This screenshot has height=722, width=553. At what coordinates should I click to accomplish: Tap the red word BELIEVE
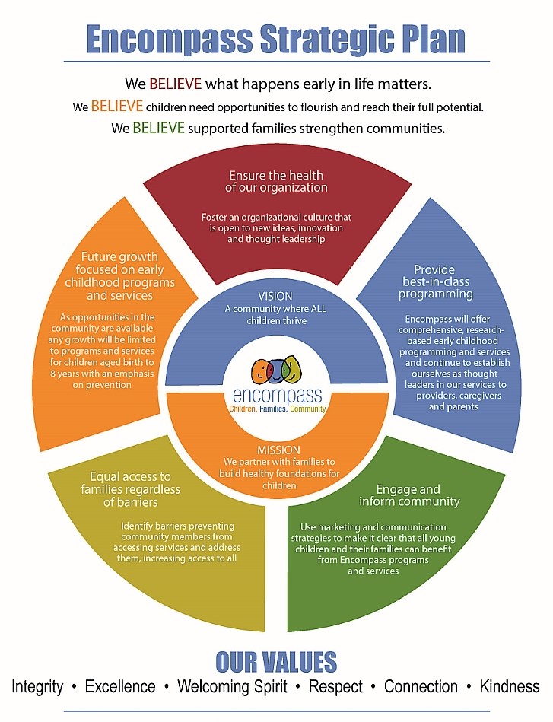pos(174,84)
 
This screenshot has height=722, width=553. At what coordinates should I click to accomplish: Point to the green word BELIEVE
pos(158,128)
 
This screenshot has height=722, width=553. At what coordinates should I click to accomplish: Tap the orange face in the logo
pos(261,372)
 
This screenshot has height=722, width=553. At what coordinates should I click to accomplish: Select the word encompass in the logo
pos(278,396)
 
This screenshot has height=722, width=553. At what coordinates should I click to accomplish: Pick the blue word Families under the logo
pos(277,409)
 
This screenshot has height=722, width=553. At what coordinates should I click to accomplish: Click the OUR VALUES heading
pos(276,660)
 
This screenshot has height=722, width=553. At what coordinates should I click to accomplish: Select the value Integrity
pos(37,686)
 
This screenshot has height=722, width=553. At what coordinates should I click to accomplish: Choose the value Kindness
pos(509,686)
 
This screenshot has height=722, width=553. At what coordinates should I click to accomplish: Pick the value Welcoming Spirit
pos(232,686)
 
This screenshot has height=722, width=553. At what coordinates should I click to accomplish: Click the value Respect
pos(335,686)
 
